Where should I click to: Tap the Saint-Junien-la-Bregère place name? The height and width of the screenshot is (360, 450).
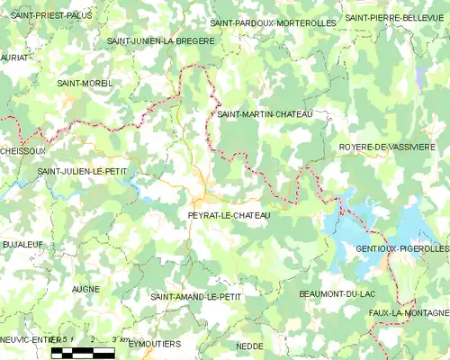(160, 41)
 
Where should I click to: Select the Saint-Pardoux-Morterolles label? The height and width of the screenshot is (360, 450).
(273, 22)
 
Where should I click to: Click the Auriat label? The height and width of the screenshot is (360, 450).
(14, 57)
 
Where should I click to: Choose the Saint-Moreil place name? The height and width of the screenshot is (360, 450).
(85, 83)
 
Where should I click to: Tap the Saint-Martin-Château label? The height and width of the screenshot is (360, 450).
(265, 114)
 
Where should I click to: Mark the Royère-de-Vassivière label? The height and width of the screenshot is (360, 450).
(387, 146)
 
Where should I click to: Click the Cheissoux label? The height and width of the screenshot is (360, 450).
(22, 150)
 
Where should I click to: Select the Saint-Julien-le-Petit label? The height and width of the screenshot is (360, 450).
(82, 169)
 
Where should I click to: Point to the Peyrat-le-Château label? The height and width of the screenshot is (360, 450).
(229, 216)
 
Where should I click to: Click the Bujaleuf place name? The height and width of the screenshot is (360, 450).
(23, 245)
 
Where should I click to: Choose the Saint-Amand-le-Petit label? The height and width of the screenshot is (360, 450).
(196, 296)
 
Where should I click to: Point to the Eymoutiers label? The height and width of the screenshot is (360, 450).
(154, 344)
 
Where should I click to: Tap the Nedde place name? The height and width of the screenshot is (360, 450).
(248, 346)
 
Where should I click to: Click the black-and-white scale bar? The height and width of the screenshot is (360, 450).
(83, 353)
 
